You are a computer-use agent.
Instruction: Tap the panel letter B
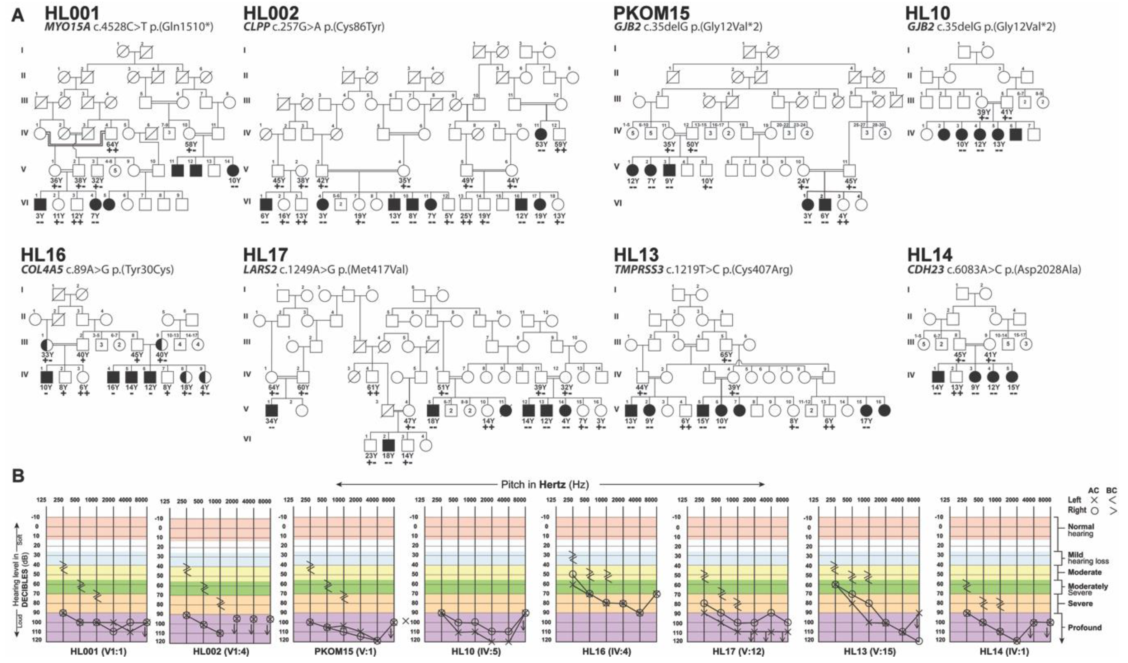[x=18, y=476]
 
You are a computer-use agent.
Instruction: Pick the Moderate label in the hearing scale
[x=1084, y=572]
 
